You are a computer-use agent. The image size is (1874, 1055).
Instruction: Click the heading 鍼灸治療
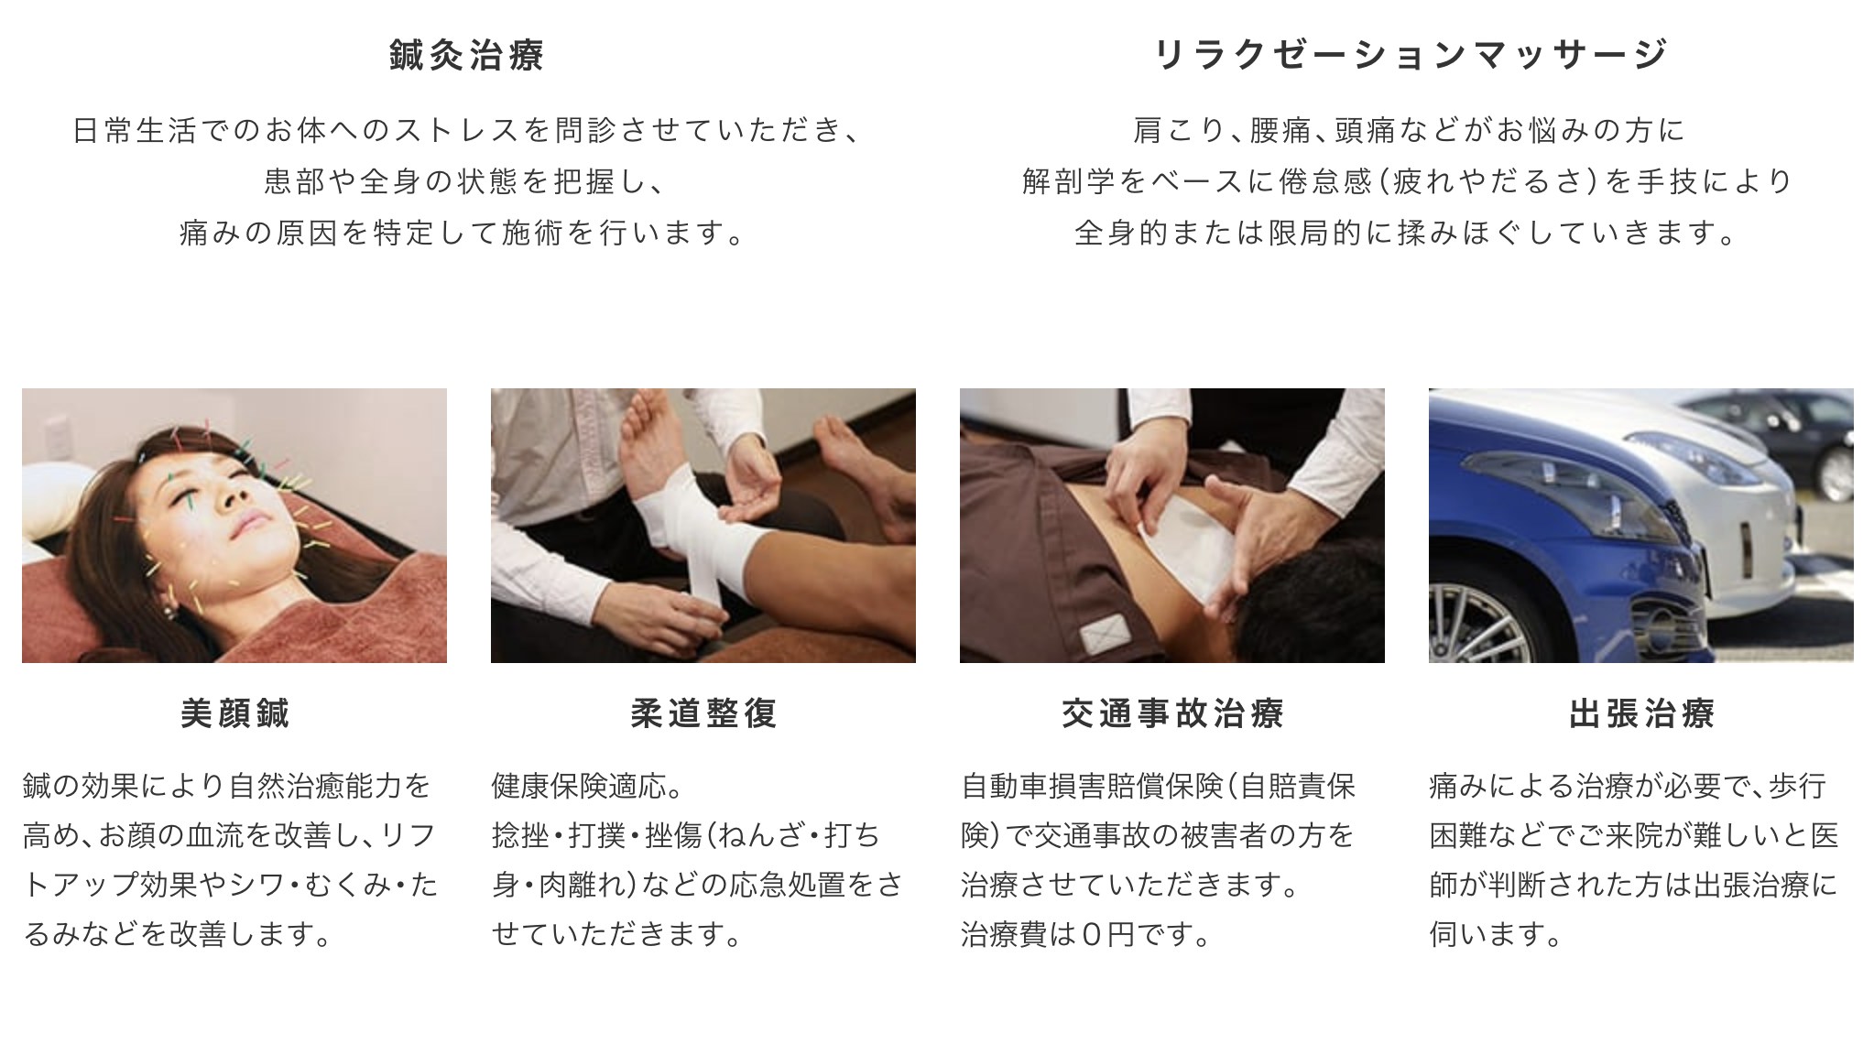467,55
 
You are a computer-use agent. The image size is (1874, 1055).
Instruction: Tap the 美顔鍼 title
234,713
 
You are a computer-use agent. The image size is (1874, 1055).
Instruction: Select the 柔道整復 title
703,713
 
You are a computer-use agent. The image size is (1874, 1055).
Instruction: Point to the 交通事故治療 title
1172,713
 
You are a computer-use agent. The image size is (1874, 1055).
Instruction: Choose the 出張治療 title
1641,713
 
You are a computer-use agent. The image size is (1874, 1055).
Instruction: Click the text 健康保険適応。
587,786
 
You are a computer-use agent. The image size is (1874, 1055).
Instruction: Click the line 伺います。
1495,934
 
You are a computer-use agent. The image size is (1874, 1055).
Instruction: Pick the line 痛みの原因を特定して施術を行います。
463,234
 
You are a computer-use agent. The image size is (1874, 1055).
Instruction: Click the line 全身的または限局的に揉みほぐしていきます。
1407,234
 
